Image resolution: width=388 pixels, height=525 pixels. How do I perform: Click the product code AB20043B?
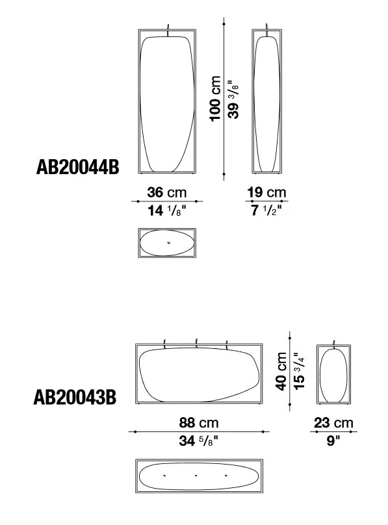[75, 397]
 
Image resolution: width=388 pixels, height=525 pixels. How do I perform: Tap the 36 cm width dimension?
[167, 193]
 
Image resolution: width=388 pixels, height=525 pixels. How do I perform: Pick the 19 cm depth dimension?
[266, 193]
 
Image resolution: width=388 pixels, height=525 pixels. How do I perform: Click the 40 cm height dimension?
[281, 371]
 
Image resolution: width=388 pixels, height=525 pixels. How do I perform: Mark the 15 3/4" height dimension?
[298, 371]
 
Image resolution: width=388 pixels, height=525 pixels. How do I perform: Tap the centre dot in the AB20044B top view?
[168, 243]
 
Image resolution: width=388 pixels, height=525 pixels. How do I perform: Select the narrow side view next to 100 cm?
[267, 101]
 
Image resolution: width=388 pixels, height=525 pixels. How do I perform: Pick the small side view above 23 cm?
[333, 374]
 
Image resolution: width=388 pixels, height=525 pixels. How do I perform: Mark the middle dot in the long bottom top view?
[196, 476]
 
